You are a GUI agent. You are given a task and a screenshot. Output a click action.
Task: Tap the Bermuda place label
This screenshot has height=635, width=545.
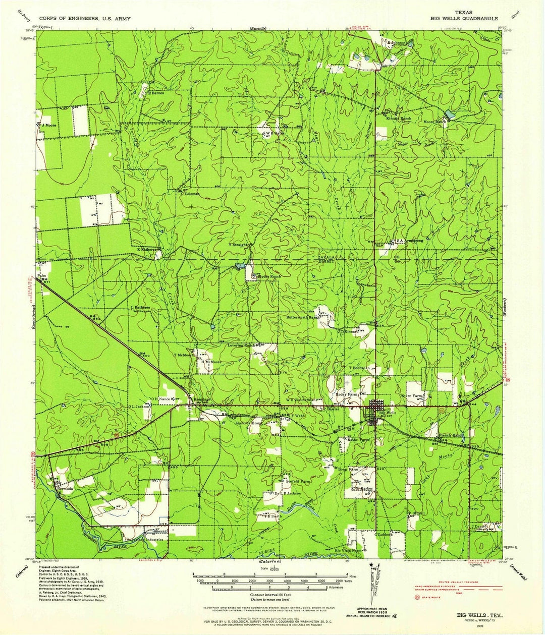point(65,489)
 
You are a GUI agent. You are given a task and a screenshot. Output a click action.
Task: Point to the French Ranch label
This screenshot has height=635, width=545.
point(451,435)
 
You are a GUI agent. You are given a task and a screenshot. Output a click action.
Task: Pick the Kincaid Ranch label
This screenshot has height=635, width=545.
point(399,119)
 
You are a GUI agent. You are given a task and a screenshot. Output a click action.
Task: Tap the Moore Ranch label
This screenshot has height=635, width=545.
point(435,122)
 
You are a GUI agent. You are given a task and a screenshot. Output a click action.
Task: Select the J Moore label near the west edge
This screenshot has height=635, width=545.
point(48,125)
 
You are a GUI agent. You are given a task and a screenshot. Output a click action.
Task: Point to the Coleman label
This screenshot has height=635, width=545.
point(192,194)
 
